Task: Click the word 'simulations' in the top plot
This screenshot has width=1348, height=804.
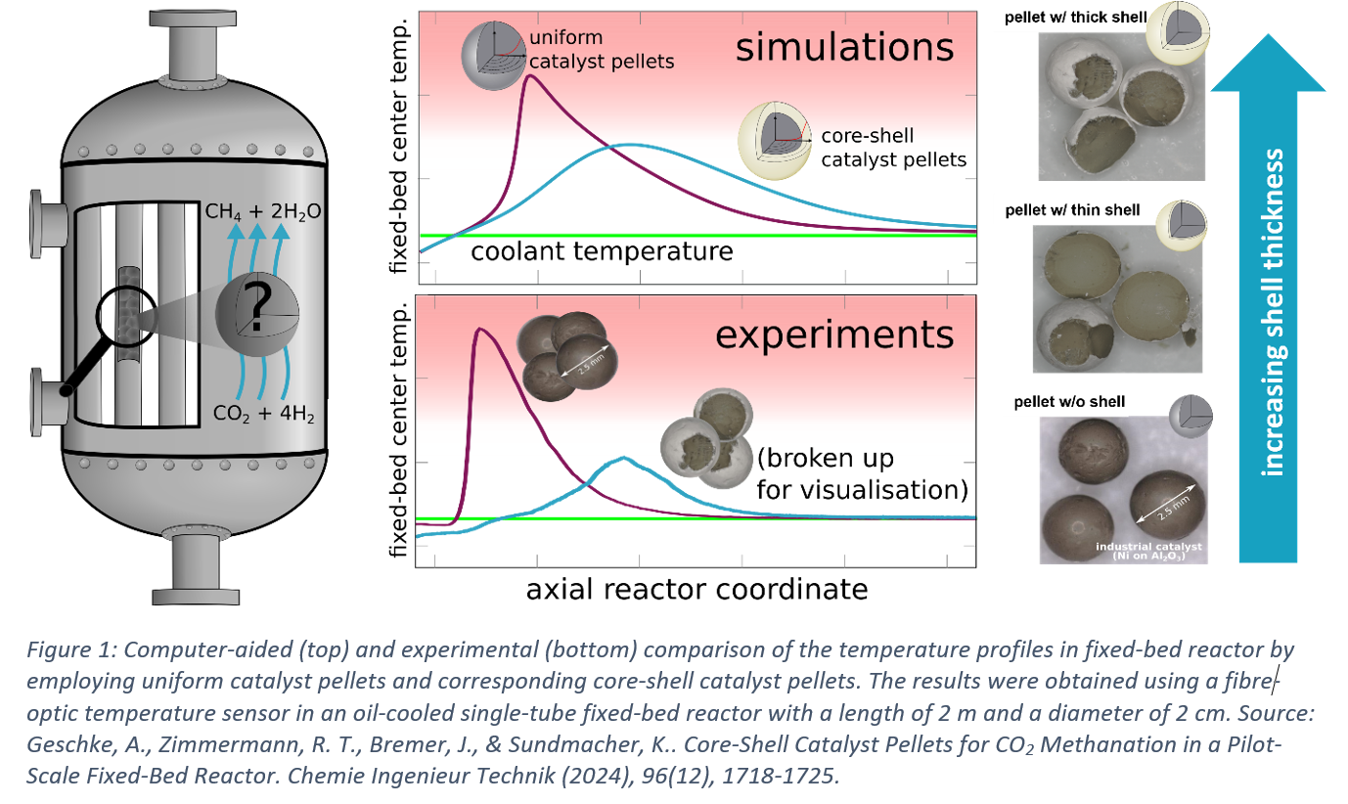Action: (843, 47)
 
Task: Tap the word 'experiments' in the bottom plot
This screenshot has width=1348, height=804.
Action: (834, 335)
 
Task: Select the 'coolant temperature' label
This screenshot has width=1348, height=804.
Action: (602, 251)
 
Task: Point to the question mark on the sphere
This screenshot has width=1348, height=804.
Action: (256, 309)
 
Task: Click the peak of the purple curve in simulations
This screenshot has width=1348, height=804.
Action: (529, 75)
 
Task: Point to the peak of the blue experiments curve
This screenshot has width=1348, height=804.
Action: (624, 458)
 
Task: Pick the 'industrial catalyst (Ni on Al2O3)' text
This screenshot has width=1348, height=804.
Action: (1149, 551)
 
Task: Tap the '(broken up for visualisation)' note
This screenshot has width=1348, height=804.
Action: (861, 472)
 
